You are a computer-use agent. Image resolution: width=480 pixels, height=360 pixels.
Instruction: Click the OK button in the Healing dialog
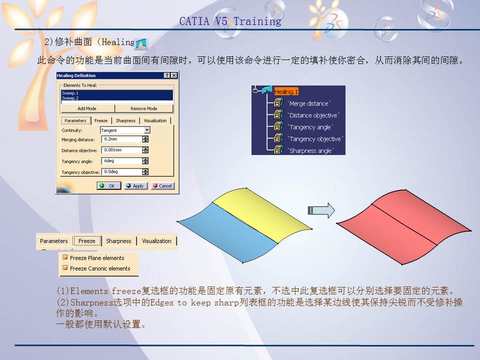click(109, 185)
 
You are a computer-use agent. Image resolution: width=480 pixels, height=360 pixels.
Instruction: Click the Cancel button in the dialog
click(162, 185)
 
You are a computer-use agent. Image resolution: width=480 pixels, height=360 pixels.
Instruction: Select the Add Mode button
click(87, 108)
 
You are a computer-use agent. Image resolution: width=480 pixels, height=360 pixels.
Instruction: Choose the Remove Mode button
click(144, 108)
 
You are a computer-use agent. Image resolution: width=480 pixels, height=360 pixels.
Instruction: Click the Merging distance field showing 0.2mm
click(121, 139)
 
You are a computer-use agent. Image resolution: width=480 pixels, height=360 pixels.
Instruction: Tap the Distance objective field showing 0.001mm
click(121, 150)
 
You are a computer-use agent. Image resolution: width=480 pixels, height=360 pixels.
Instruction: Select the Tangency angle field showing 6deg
click(121, 161)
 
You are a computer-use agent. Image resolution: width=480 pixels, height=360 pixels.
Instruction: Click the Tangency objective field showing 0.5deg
click(121, 171)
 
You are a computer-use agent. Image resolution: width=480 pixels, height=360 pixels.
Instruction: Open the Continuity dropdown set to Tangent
click(146, 130)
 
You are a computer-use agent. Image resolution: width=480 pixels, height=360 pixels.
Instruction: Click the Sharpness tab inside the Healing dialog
click(125, 120)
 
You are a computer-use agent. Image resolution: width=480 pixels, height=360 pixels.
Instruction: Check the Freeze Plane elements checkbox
click(65, 258)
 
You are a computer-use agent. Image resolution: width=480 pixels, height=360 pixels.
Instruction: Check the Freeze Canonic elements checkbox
click(65, 268)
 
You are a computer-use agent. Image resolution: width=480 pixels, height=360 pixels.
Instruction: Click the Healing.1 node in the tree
click(286, 92)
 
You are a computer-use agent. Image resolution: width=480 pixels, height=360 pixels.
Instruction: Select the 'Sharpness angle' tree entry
click(310, 150)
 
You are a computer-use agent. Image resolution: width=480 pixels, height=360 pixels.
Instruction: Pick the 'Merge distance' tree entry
click(309, 103)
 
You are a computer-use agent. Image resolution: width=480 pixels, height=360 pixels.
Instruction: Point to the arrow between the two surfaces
click(320, 210)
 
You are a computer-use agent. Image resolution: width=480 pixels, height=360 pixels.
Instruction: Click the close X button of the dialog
click(173, 75)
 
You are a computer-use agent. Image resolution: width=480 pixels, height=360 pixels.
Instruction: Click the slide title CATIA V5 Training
click(230, 21)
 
